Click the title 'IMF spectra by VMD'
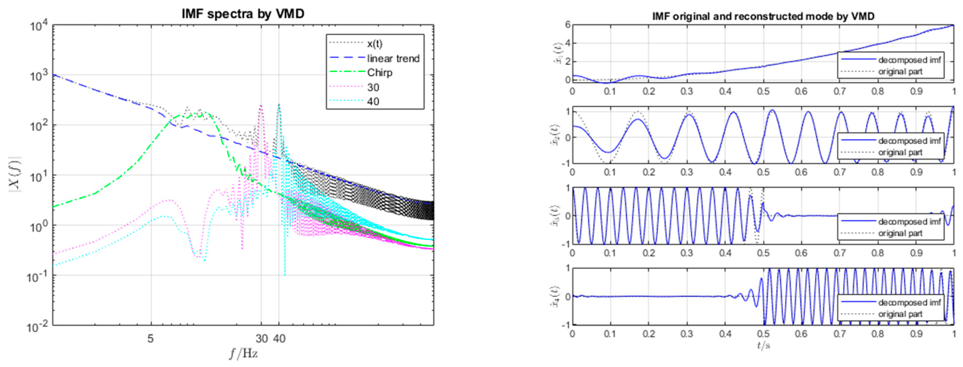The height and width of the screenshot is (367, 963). tap(243, 14)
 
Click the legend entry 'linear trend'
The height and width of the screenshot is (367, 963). tap(393, 59)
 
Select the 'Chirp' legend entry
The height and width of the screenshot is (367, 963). tap(379, 73)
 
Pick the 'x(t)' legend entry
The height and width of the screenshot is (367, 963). tap(375, 44)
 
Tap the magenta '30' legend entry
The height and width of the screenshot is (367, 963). tap(373, 88)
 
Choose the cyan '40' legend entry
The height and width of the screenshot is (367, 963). tap(373, 101)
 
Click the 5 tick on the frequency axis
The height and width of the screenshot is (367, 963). tap(150, 339)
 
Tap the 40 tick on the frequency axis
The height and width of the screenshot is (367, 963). tap(279, 339)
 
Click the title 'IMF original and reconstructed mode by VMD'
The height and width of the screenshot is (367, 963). tap(763, 16)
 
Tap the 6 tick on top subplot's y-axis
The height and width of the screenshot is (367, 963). tap(567, 25)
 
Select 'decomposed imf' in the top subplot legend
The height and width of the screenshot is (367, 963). tap(909, 60)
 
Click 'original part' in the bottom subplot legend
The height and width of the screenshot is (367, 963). tap(900, 314)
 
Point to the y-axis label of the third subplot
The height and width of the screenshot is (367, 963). tap(556, 216)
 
